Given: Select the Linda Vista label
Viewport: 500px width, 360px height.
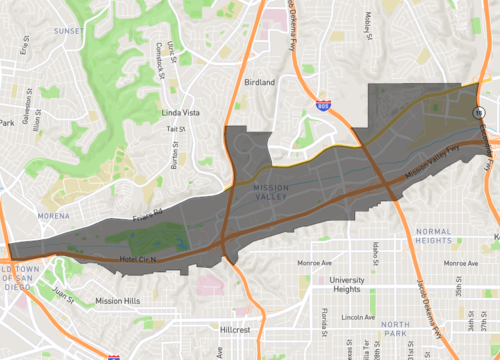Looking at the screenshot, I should [184, 113].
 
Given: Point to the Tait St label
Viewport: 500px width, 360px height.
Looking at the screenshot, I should [176, 129].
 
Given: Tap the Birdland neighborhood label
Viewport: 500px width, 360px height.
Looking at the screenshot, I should [259, 82].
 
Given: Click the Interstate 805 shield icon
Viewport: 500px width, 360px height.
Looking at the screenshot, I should [323, 104].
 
